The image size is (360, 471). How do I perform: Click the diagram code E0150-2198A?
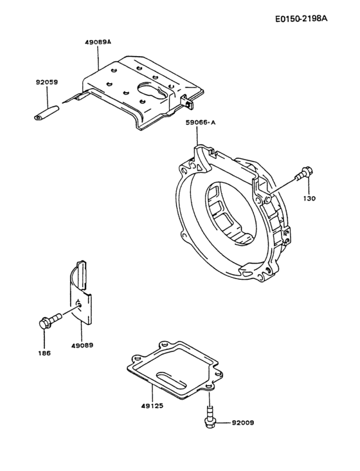point(301,18)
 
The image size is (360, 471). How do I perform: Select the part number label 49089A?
point(98,42)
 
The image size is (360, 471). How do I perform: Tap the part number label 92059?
point(48,82)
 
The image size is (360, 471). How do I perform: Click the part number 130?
point(310,199)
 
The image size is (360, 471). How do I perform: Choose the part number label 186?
point(44,353)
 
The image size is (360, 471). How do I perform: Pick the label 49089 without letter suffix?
point(82,345)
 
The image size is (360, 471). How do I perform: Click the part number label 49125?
point(150,407)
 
